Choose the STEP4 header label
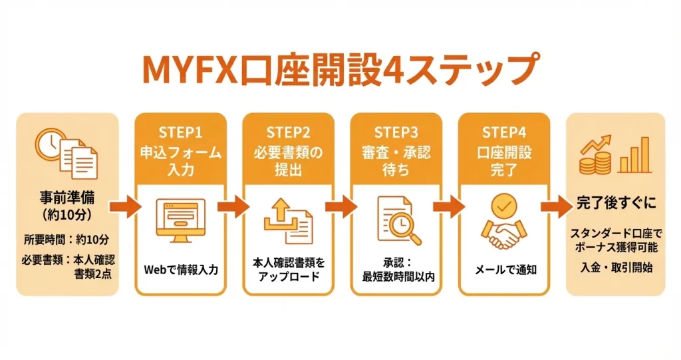504,131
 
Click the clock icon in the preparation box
50,144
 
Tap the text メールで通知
504,270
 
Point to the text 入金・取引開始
615,268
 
